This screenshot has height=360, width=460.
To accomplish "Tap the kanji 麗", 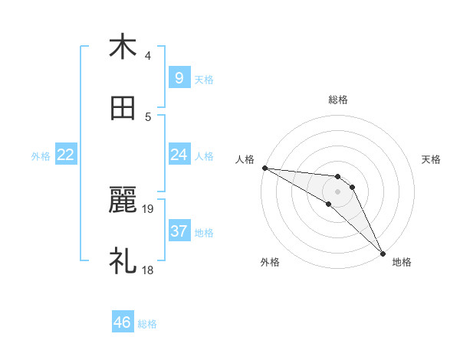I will click(123, 201).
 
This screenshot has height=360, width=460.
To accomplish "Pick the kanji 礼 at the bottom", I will click(123, 261).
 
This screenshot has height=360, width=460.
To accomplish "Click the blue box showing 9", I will click(179, 77).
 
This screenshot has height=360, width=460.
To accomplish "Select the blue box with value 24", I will click(179, 155).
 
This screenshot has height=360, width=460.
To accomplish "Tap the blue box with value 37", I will click(179, 231).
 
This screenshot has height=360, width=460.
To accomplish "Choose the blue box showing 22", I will click(66, 155).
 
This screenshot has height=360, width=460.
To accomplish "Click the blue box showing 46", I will click(123, 322).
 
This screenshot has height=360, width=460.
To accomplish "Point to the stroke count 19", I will click(148, 208).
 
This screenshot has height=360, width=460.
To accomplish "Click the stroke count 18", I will click(148, 270).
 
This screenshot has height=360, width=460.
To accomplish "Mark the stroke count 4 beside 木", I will click(148, 55).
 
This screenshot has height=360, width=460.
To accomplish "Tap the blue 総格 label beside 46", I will click(147, 324).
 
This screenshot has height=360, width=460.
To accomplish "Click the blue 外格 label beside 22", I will click(41, 156).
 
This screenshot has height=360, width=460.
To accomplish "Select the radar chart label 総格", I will click(337, 100).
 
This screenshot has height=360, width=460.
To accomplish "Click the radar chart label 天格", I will click(432, 159).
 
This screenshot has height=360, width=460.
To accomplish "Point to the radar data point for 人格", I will click(264, 168).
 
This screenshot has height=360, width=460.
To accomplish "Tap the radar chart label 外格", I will click(270, 263).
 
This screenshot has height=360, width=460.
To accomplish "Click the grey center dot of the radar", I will click(337, 191).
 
